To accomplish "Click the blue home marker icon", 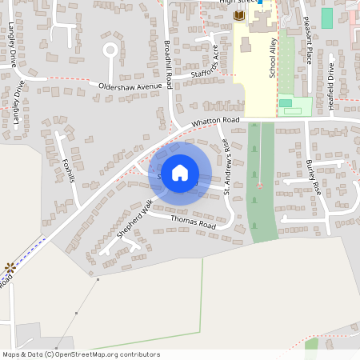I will pyautogui.click(x=180, y=173).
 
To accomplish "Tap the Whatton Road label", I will pyautogui.click(x=215, y=121).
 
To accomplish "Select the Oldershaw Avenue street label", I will pyautogui.click(x=130, y=85).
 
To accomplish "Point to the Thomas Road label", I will pyautogui.click(x=194, y=226).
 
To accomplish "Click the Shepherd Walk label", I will pyautogui.click(x=134, y=216).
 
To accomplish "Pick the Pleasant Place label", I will pyautogui.click(x=309, y=44).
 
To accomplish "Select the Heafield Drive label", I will pyautogui.click(x=331, y=74).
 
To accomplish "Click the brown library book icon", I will pyautogui.click(x=238, y=16).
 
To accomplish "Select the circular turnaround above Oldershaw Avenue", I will pyautogui.click(x=110, y=51).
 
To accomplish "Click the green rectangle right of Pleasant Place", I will pyautogui.click(x=326, y=17).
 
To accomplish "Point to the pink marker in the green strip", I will pyautogui.click(x=258, y=186).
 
